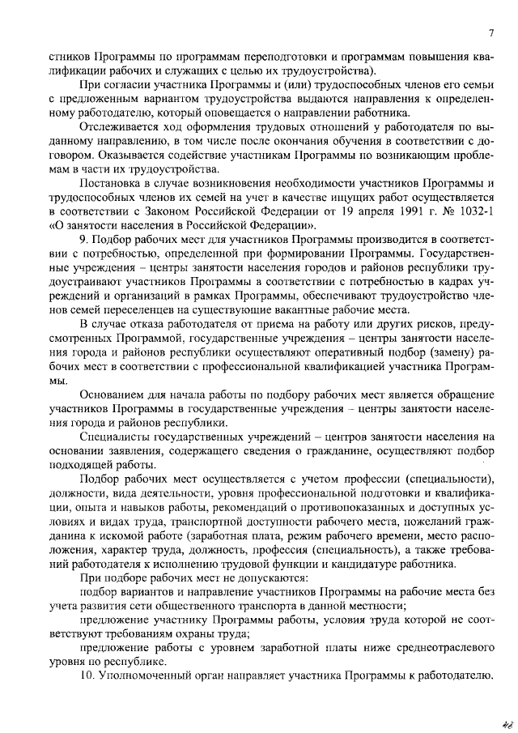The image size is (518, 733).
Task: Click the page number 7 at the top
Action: (x=491, y=32)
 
